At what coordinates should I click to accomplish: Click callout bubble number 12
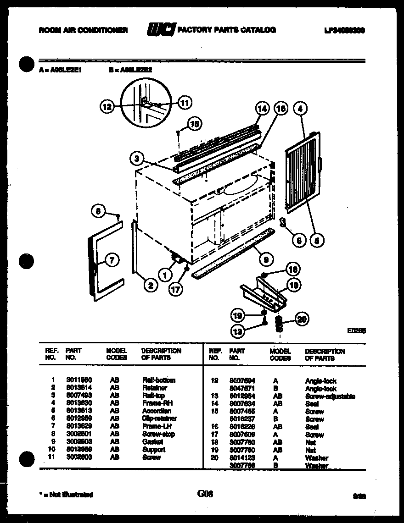(x=107, y=107)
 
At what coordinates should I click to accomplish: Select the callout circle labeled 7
(x=112, y=260)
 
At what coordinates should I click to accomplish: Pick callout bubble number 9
(x=264, y=260)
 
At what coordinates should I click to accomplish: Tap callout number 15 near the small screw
(x=195, y=124)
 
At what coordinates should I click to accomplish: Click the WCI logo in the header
(x=160, y=30)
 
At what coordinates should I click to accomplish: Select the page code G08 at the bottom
(x=205, y=494)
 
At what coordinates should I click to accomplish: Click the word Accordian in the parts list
(x=157, y=411)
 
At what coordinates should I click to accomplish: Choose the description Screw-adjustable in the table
(x=330, y=396)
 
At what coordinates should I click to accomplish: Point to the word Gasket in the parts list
(x=153, y=442)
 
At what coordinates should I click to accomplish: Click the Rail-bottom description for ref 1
(x=159, y=380)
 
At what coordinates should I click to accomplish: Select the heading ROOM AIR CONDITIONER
(x=83, y=30)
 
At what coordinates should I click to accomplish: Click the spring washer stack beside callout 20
(x=279, y=324)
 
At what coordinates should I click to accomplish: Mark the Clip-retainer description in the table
(x=159, y=418)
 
